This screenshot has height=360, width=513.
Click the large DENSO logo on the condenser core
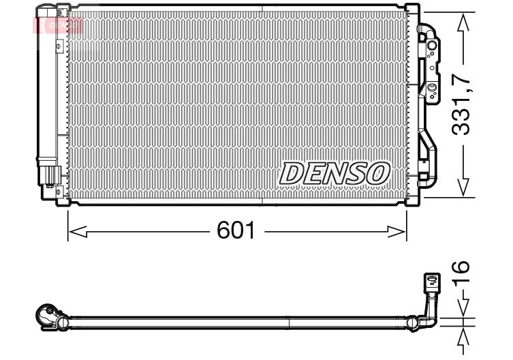pos(335,173)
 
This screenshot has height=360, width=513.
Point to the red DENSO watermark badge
pos(58,25)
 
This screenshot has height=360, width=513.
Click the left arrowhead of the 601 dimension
pos(78,232)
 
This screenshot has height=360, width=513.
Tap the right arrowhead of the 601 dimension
pos(397,232)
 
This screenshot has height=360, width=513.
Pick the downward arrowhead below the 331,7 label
pos(463,187)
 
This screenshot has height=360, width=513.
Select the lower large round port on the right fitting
pos(432,87)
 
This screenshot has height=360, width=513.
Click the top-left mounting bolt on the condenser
pos(59,14)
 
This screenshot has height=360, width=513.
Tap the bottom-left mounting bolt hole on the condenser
pos(59,192)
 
